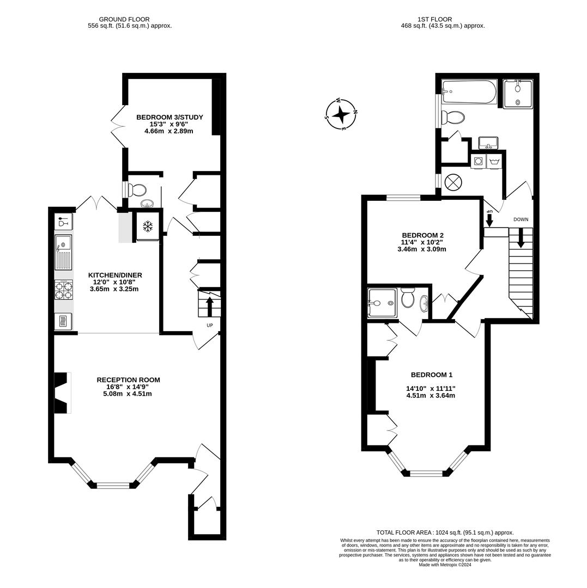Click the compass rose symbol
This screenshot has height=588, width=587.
point(341,114)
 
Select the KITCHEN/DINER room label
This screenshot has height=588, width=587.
point(115,275)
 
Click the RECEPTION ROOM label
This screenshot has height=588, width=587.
point(128,379)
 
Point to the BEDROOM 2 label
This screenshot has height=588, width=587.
point(423,235)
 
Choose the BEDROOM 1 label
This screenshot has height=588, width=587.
point(431,375)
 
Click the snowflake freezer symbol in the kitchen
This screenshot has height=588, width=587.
point(147,226)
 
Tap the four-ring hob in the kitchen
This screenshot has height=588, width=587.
point(63,289)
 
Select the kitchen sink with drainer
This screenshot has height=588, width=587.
point(63,252)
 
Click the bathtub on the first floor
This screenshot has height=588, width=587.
point(469,92)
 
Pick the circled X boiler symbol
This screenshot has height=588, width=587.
point(453,182)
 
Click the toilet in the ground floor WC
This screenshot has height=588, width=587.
point(137,190)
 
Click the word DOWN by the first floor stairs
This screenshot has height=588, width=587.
point(521,219)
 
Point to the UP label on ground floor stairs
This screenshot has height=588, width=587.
point(209,325)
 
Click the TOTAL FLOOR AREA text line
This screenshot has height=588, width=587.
point(445,532)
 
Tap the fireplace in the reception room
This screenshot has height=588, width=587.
point(63,393)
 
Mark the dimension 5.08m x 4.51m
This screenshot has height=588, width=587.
point(128,394)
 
